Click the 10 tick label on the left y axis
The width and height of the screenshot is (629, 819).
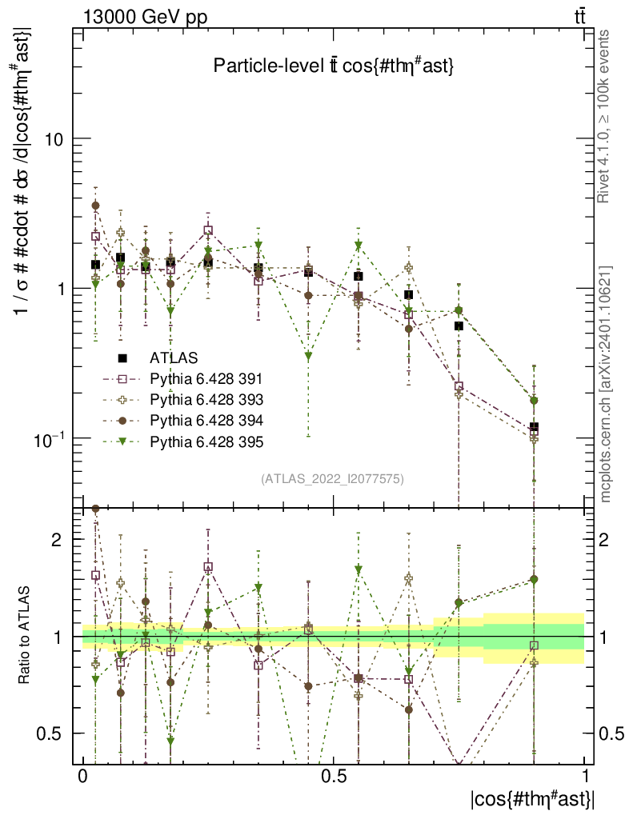(53, 139)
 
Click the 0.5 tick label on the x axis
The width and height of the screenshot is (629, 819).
(334, 777)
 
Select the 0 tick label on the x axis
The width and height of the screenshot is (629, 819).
(82, 777)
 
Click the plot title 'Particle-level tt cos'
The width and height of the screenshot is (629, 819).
(334, 67)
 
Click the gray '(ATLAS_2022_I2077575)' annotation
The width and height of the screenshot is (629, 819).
(332, 479)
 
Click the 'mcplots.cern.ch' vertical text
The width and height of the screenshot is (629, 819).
(605, 384)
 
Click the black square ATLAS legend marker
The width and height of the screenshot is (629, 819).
(123, 358)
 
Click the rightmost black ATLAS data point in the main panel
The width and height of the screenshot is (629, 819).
(534, 427)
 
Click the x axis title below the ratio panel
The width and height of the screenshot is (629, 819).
(531, 800)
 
